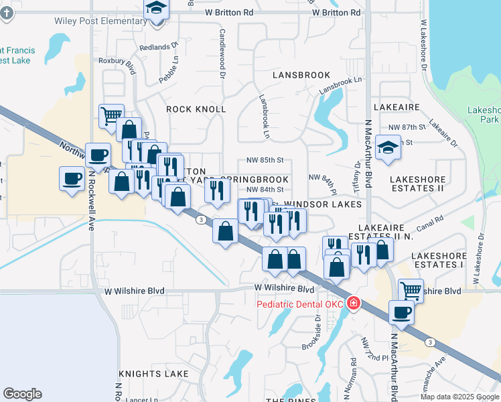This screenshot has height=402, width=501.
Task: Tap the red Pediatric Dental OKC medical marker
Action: pos(352,305)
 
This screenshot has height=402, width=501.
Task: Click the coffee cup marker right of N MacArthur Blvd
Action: pos(402,312)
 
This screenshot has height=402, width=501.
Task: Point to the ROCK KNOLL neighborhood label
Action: pos(196,109)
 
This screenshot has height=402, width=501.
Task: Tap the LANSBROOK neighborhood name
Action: pos(301,75)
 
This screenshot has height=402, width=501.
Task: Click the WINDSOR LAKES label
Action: pos(323,204)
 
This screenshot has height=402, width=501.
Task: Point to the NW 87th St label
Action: pos(408,127)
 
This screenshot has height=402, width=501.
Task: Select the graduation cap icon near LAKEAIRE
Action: pos(387,147)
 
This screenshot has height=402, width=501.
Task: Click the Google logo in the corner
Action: pos(22,394)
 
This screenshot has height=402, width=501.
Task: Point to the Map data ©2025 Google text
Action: pos(460,397)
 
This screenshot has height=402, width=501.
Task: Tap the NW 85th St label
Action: pos(265,160)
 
